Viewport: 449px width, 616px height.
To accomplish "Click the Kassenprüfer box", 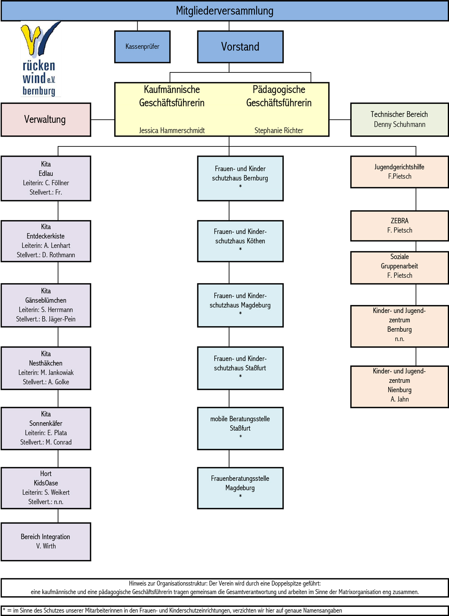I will (142, 47).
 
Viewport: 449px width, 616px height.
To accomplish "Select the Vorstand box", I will (240, 47).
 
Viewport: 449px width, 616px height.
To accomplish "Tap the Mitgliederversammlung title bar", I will (224, 11).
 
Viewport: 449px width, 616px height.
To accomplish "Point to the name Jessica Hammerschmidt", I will (172, 131).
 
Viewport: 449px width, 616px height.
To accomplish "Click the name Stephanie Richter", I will (279, 131).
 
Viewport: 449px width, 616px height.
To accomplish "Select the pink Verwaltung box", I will (46, 120).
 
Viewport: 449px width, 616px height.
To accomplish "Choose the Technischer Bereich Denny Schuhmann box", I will (399, 120).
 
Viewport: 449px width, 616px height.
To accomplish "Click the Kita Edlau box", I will (46, 178).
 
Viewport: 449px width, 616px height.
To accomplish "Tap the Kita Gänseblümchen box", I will (46, 305).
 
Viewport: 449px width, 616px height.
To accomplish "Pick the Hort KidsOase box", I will (46, 488).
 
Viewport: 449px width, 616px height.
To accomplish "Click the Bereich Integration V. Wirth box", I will (46, 542).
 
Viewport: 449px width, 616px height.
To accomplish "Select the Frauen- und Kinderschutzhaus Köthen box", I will (240, 241).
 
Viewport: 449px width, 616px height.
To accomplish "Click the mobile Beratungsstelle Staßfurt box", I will (240, 428).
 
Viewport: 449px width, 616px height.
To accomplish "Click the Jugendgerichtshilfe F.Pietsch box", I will (399, 172).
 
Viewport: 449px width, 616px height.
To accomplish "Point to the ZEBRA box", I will (399, 226).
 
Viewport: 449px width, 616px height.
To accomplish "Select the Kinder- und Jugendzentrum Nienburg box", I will (399, 386).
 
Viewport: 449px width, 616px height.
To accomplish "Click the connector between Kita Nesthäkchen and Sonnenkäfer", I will (58, 398).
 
